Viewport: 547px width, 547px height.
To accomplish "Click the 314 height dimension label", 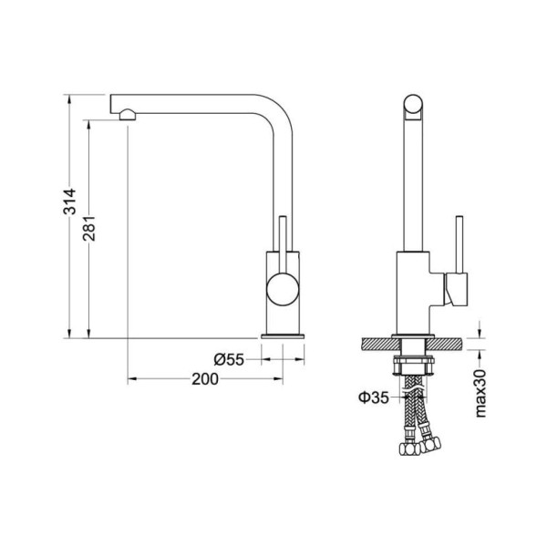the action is [69, 201].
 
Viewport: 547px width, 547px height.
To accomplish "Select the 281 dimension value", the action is [89, 229].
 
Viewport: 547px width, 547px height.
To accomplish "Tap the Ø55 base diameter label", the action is [229, 359].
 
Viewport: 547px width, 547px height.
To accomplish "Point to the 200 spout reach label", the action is [205, 379].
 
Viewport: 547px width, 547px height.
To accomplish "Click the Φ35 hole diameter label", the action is [374, 397].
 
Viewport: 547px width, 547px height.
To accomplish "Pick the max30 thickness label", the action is [480, 393].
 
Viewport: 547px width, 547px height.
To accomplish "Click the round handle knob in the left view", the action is [283, 290].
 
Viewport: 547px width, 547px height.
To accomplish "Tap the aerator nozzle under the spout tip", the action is [128, 115].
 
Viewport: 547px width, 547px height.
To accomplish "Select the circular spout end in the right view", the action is [413, 104].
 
